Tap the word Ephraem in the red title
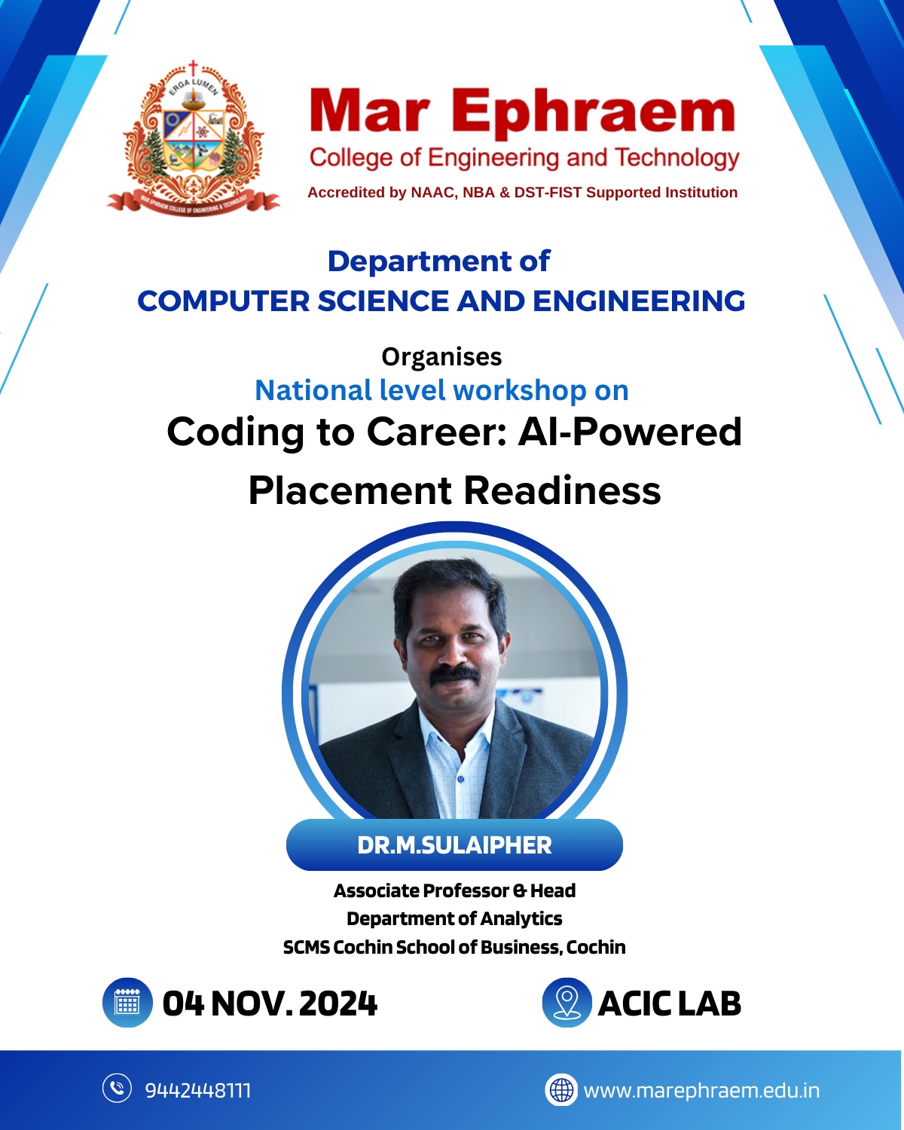(x=593, y=113)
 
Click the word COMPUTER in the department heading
(x=223, y=301)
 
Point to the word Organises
(x=441, y=358)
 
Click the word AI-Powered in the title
(x=630, y=432)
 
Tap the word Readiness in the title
(x=562, y=490)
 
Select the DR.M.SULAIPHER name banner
(x=454, y=845)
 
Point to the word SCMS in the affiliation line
(x=307, y=947)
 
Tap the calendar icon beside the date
(x=127, y=1003)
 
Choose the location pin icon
(x=567, y=1003)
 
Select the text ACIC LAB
(x=669, y=1003)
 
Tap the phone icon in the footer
(x=117, y=1088)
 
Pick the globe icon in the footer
(x=561, y=1089)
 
